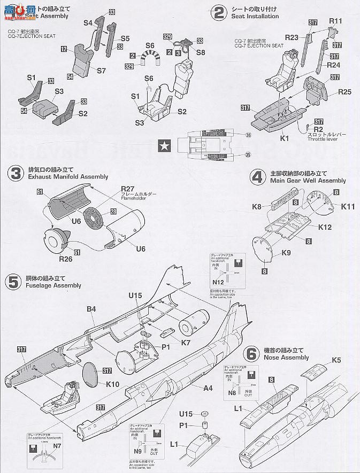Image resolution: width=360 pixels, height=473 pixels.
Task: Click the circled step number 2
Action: point(218,11)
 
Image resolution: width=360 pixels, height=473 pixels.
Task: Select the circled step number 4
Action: point(258,176)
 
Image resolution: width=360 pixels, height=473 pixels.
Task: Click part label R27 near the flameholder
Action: point(127,189)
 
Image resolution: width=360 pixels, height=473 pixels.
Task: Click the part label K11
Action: point(348,206)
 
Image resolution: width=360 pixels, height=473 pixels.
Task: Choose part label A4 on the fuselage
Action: point(208,388)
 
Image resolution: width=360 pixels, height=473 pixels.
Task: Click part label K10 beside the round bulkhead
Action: point(112,384)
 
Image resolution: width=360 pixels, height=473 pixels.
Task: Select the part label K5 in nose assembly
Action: point(336,360)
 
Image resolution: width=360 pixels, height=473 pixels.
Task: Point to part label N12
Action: point(218,282)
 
